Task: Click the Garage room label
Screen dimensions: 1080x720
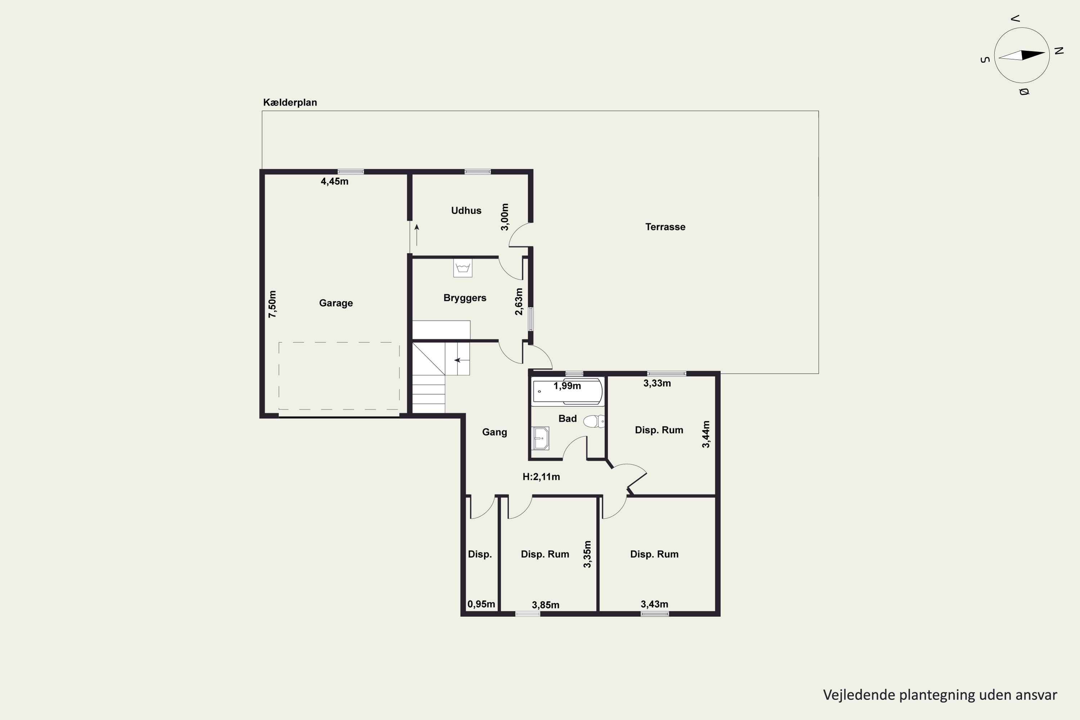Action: click(x=336, y=303)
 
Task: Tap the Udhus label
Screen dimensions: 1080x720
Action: click(x=466, y=211)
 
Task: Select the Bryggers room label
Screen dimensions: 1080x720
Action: click(x=465, y=298)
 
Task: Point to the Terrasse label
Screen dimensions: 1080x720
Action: click(x=665, y=227)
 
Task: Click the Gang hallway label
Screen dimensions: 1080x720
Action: click(x=495, y=432)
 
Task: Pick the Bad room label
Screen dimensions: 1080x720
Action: click(x=568, y=418)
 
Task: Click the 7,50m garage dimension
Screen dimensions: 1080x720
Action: click(x=272, y=304)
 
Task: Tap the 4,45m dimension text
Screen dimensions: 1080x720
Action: click(x=334, y=181)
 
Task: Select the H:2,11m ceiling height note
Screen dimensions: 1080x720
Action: click(x=541, y=477)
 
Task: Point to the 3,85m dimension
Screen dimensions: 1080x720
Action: click(x=545, y=605)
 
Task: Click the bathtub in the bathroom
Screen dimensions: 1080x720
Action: click(x=567, y=392)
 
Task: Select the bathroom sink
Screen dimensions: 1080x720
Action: click(x=540, y=438)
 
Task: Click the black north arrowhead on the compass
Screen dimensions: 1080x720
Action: click(x=1033, y=55)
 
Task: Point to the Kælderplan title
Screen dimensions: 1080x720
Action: click(x=290, y=102)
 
